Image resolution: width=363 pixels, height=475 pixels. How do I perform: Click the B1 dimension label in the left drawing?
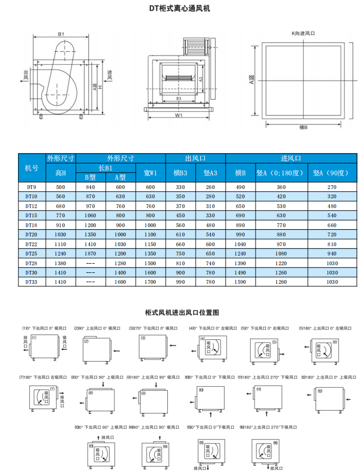(x=62, y=34)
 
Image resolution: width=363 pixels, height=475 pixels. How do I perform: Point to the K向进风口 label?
(x=303, y=33)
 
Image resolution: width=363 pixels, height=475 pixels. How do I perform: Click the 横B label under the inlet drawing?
(x=304, y=127)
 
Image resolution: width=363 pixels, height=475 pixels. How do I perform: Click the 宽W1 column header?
(x=150, y=173)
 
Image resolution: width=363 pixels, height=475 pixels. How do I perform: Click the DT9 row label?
(x=32, y=187)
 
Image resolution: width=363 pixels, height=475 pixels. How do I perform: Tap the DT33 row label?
(x=32, y=282)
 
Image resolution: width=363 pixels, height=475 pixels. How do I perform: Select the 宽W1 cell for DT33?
(x=150, y=282)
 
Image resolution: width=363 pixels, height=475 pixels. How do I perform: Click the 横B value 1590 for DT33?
(x=240, y=282)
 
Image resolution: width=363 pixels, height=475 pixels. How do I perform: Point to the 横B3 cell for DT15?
(x=180, y=215)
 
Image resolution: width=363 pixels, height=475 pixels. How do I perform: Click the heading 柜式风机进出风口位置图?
(x=181, y=313)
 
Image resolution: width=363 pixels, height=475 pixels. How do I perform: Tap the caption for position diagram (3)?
(x=154, y=328)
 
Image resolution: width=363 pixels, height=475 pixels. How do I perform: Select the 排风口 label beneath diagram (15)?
(x=201, y=468)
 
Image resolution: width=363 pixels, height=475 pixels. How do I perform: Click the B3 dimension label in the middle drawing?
(x=178, y=98)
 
